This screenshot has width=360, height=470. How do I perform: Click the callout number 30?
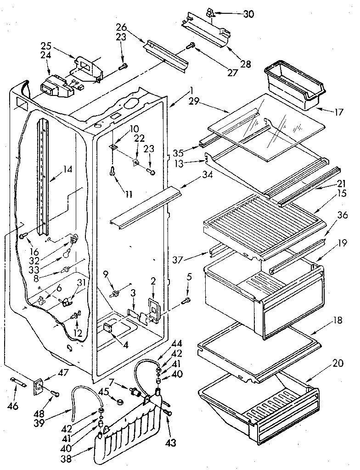coord(248,14)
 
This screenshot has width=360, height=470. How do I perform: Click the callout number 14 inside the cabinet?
coord(67,169)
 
